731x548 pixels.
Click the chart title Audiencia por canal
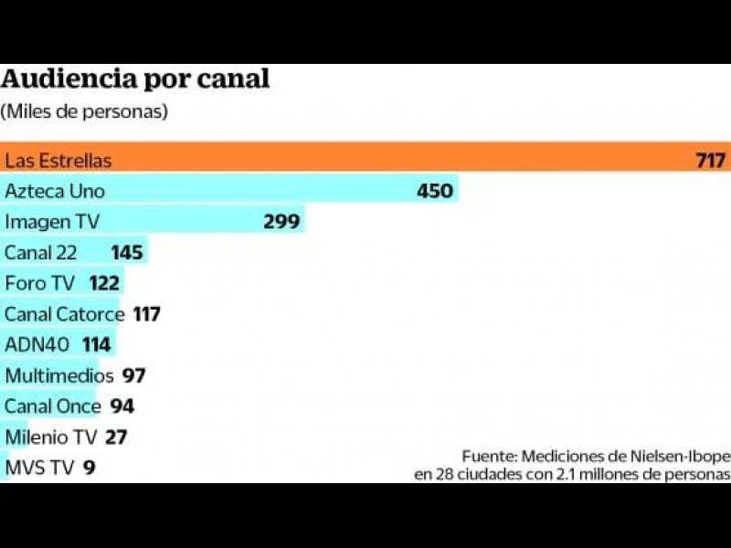tap(135, 79)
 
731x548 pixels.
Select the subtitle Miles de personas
tap(84, 111)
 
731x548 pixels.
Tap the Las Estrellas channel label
tap(58, 161)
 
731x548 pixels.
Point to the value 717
tap(710, 161)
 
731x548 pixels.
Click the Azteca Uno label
tap(55, 191)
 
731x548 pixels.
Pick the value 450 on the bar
tap(435, 191)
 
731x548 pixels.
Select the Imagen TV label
tap(52, 222)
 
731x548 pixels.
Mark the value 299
tap(281, 222)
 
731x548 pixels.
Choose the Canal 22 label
tap(41, 252)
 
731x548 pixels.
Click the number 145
tap(127, 252)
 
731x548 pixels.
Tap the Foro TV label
tap(39, 283)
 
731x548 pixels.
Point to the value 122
tap(104, 283)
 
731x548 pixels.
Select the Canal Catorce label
tap(64, 314)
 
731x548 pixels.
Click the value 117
tap(146, 314)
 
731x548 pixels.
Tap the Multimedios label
tap(59, 375)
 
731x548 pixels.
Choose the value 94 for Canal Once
tap(122, 406)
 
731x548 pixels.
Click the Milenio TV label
tap(50, 437)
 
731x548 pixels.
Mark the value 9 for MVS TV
tap(89, 469)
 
